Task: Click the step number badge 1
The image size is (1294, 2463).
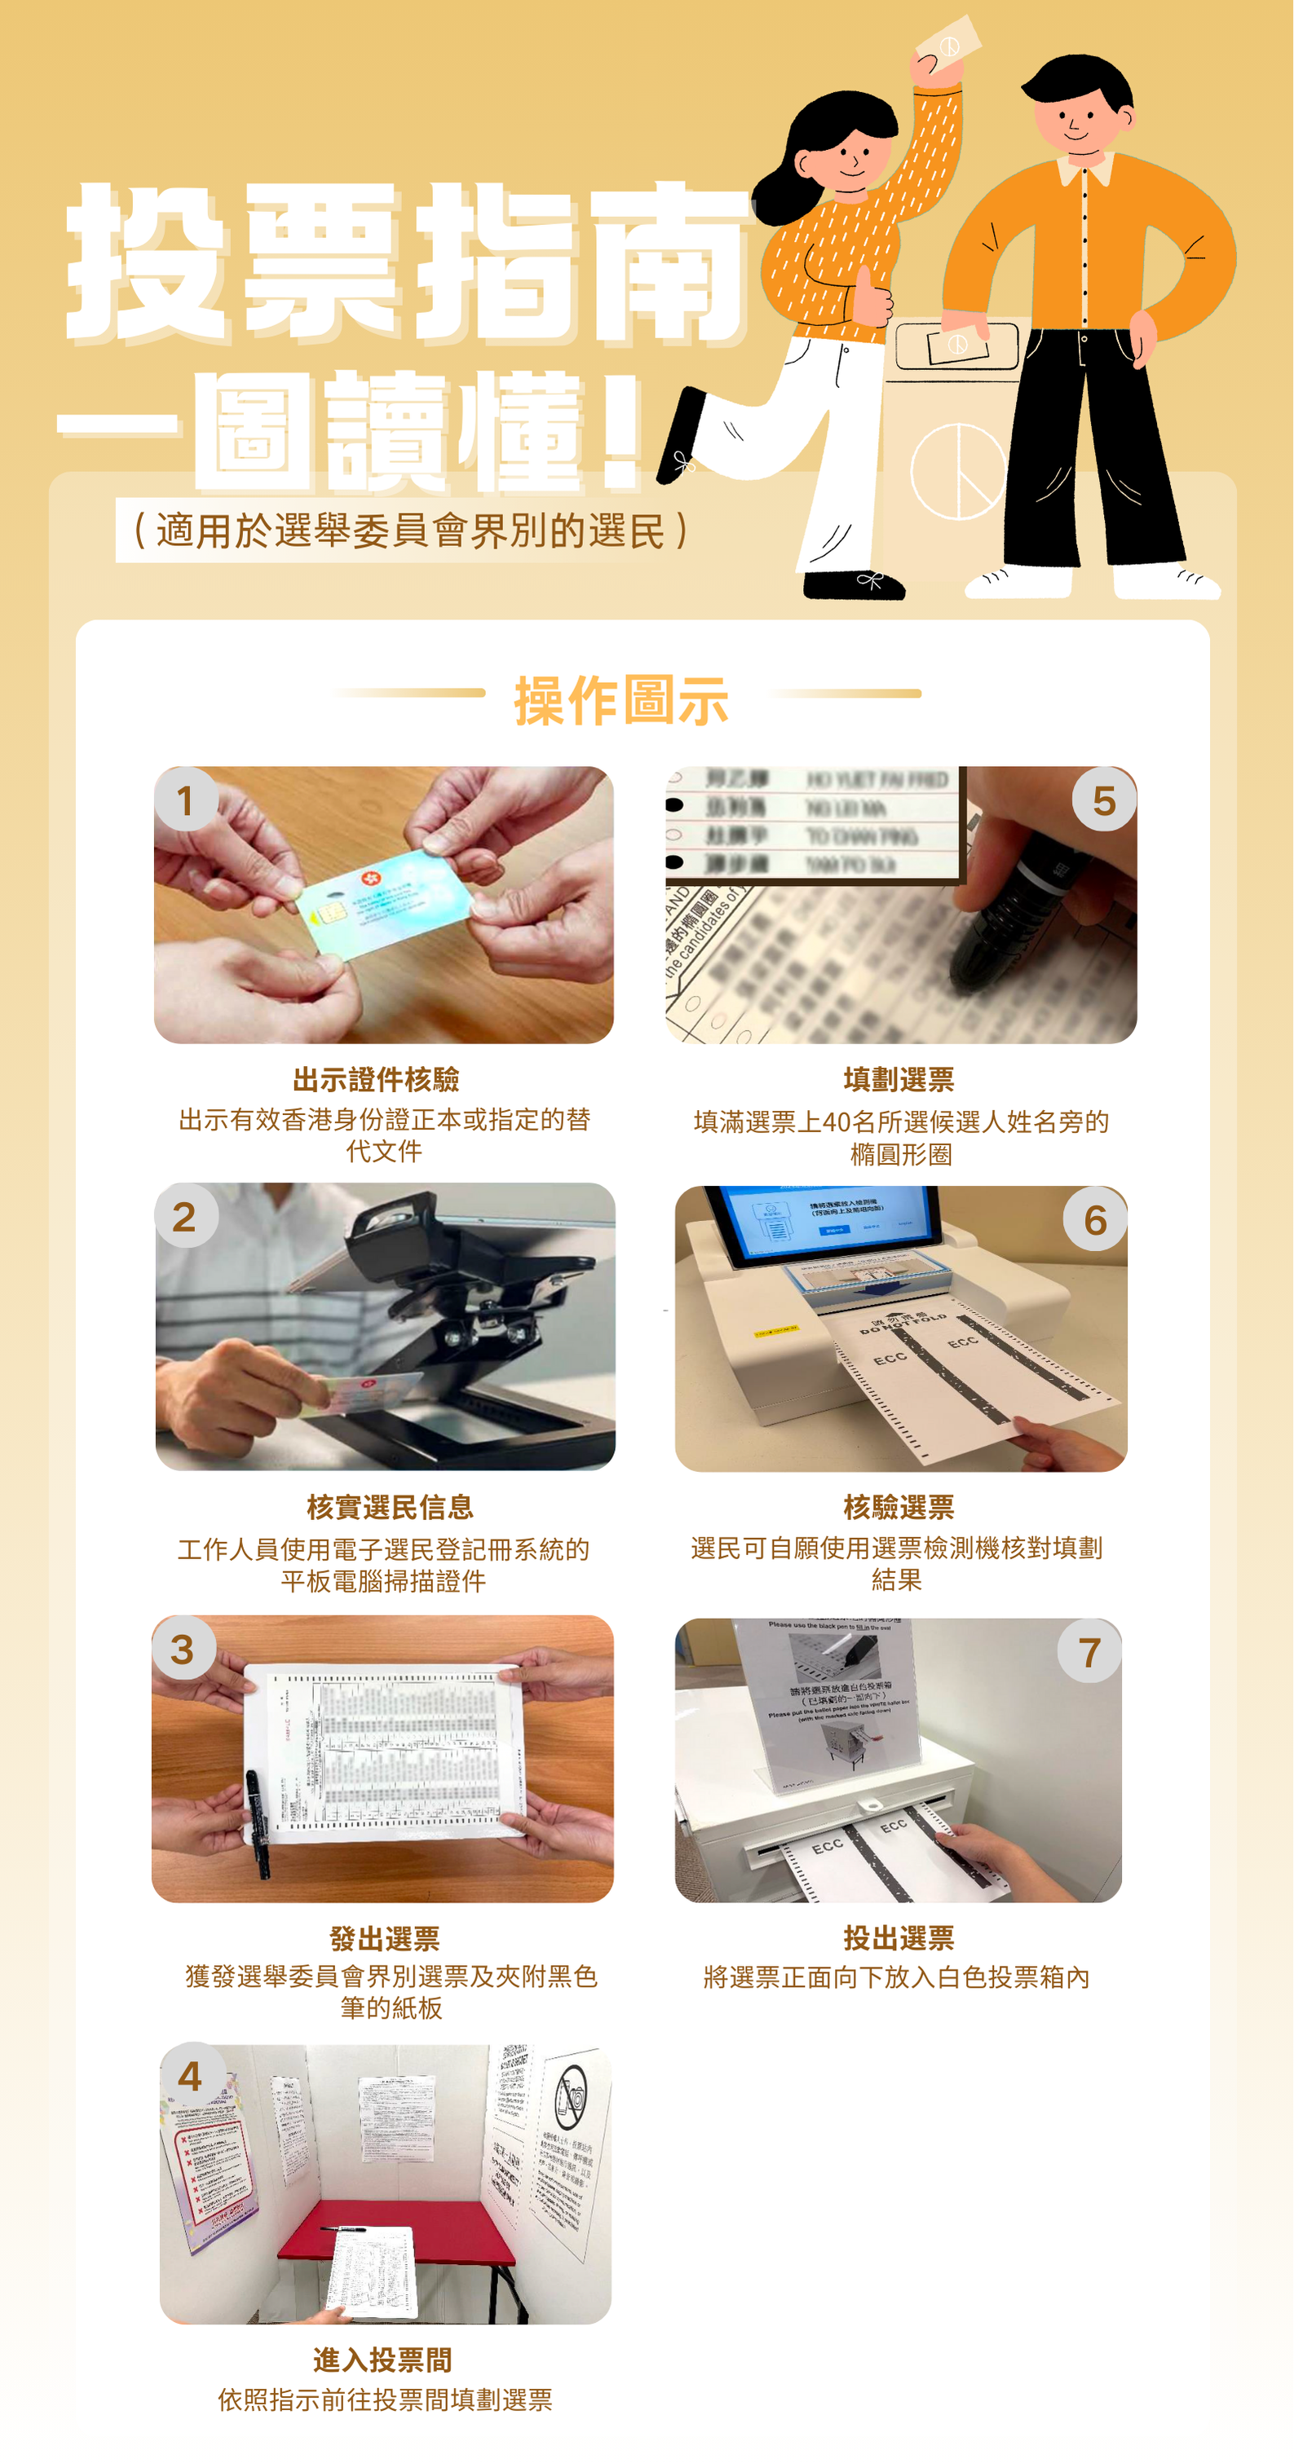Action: coord(186,800)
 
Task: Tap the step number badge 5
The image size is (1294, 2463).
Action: coord(1104,800)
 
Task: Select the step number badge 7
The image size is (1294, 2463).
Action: coord(1089,1651)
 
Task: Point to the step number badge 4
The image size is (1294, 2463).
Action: coord(192,2076)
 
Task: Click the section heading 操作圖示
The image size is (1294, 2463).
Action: coord(621,699)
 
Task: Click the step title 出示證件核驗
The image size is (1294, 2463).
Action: coord(376,1079)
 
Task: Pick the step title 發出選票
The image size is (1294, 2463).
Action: coord(385,1938)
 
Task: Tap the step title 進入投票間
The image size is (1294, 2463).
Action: coord(382,2359)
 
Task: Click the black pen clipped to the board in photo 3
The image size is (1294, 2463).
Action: coord(258,1822)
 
